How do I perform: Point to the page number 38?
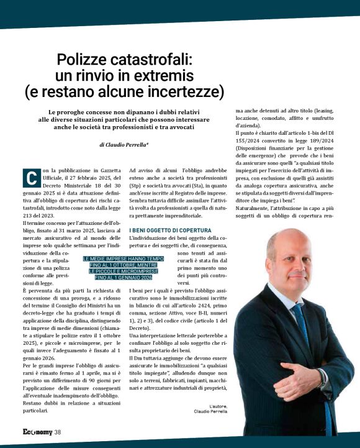click(x=57, y=432)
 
